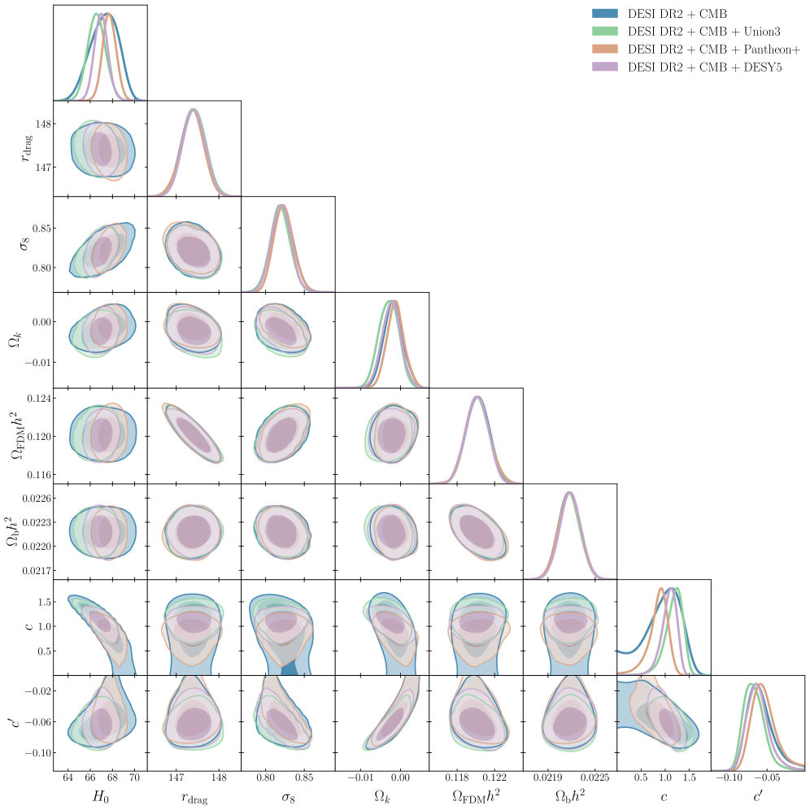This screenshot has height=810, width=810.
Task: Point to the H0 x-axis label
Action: pyautogui.click(x=100, y=798)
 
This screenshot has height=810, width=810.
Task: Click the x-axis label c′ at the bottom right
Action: pyautogui.click(x=758, y=797)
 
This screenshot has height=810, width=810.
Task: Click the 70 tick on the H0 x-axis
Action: pyautogui.click(x=134, y=780)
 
